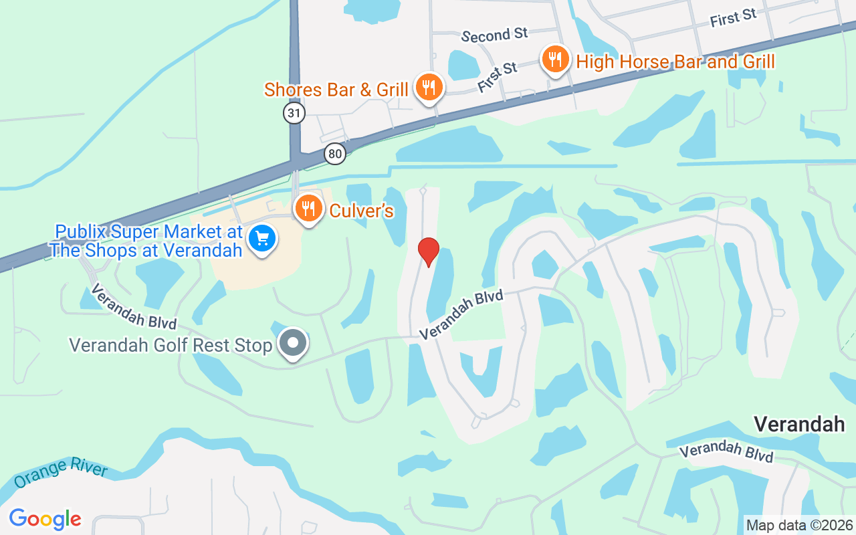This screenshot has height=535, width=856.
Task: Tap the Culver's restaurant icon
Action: click(x=308, y=209)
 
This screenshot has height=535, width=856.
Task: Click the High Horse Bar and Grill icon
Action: click(x=554, y=60)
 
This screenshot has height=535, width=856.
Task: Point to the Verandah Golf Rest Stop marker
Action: click(x=292, y=344)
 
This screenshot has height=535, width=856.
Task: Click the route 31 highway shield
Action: click(x=294, y=113)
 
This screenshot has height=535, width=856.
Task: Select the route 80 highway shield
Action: click(x=335, y=154)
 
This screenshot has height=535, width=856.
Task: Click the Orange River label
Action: click(x=60, y=474)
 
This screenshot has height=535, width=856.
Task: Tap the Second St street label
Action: click(x=495, y=35)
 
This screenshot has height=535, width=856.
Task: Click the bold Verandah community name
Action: click(x=799, y=424)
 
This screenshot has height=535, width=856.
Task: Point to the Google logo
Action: click(x=45, y=519)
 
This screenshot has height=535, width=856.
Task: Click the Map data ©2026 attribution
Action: click(x=800, y=526)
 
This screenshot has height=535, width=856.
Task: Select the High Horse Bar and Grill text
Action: click(x=675, y=62)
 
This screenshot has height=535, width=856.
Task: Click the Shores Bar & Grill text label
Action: click(x=336, y=90)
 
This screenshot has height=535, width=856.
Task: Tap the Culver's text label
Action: click(x=361, y=211)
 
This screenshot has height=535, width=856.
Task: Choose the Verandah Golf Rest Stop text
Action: click(x=171, y=346)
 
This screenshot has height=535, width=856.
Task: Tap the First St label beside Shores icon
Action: click(x=498, y=77)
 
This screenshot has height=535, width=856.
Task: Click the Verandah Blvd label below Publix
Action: click(x=134, y=306)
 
